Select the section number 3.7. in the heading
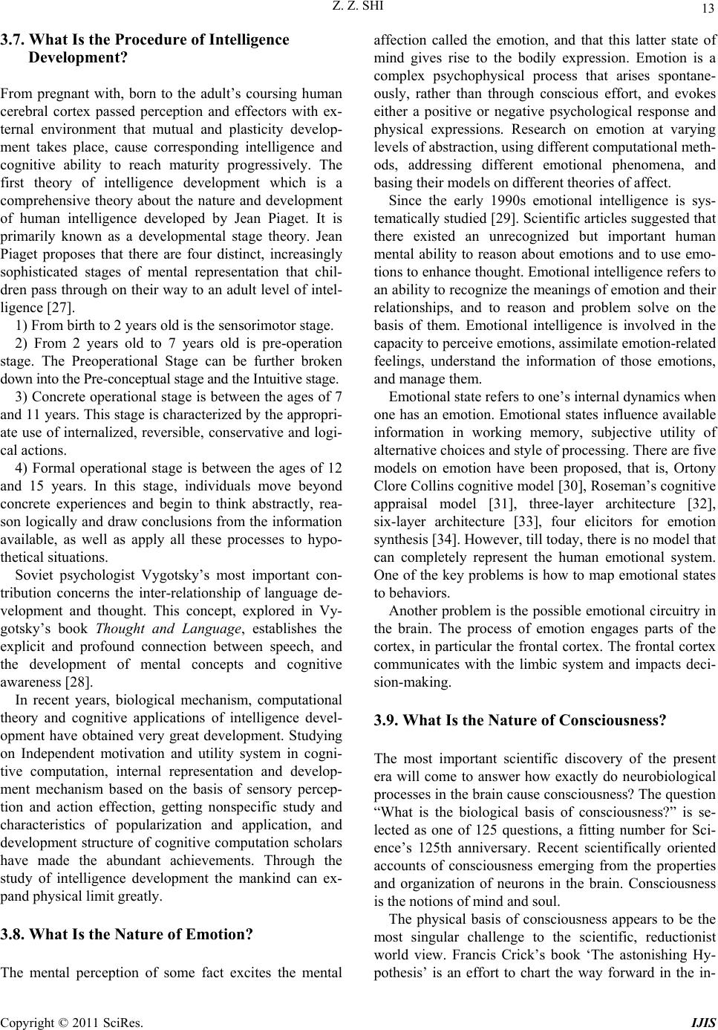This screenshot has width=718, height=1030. pos(16,39)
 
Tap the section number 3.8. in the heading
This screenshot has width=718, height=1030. pos(16,934)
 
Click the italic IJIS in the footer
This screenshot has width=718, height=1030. pos(705,1022)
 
